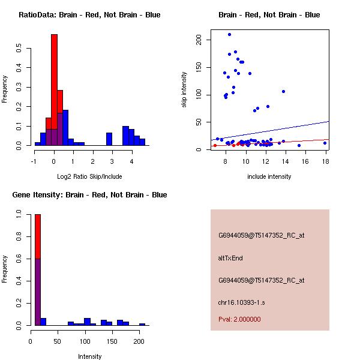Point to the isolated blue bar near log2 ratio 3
(x=109, y=139)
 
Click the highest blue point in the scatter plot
(x=229, y=34)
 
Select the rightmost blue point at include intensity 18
(x=325, y=143)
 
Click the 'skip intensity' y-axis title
(x=185, y=90)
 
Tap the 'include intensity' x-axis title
(x=269, y=176)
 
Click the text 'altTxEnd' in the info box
(x=230, y=258)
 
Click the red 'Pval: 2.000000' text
(x=239, y=319)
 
